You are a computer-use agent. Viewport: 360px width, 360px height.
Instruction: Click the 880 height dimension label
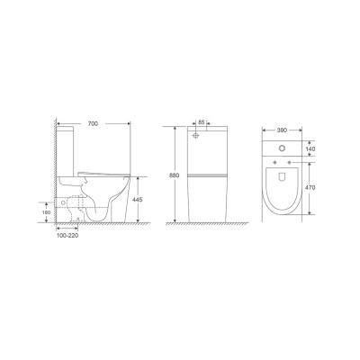(x=175, y=175)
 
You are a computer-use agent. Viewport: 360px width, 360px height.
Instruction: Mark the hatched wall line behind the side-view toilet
(x=56, y=171)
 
